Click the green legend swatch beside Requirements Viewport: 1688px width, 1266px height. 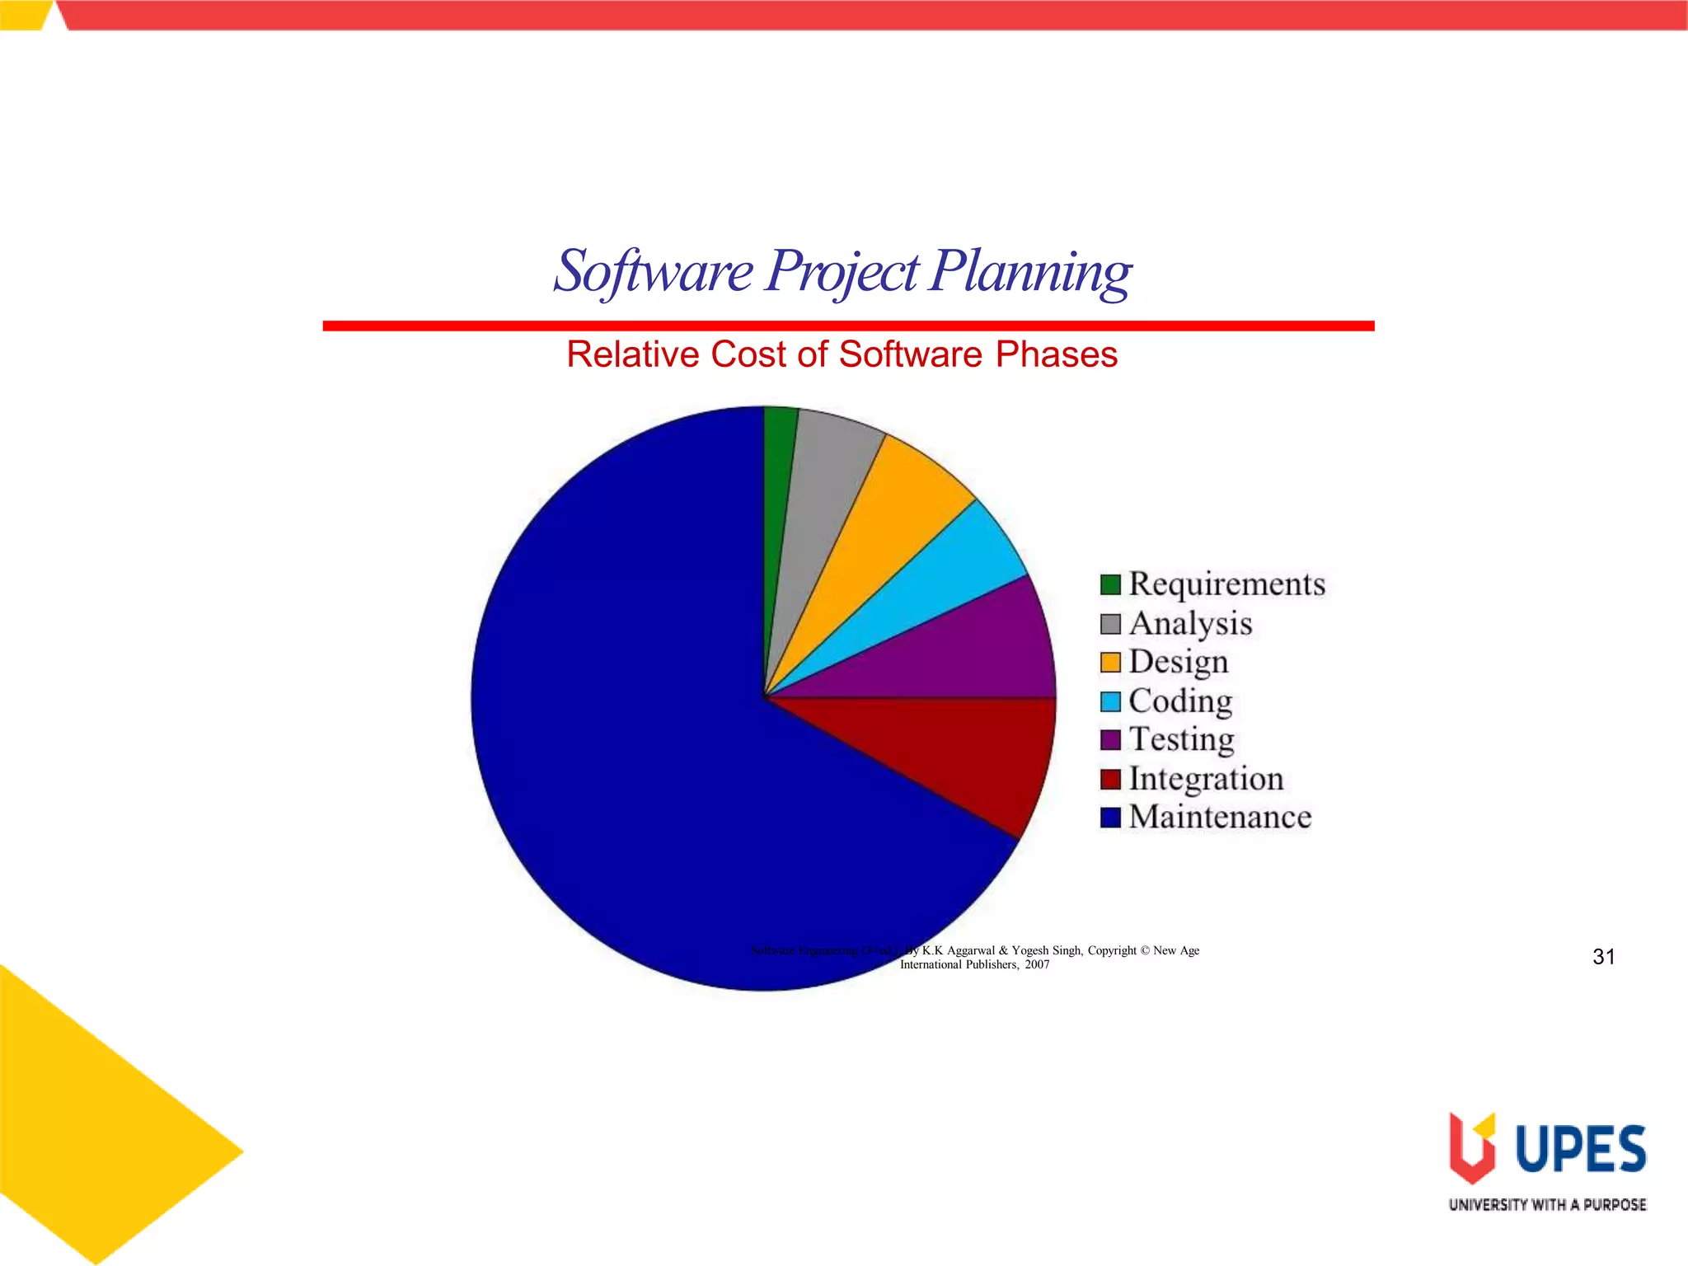pos(1110,584)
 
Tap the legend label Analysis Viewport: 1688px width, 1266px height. pos(1190,624)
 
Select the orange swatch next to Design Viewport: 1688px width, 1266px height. pos(1110,662)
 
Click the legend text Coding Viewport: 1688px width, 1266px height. pos(1180,701)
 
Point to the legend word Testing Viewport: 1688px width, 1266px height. pos(1181,739)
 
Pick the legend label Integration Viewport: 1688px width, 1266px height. pos(1206,779)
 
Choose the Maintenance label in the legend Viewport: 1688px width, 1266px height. pos(1220,818)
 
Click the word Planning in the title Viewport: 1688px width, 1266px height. pos(1030,272)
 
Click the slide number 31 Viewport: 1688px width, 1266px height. pos(1603,957)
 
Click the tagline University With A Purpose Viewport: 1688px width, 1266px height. pos(1547,1205)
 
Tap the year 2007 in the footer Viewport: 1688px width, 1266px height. pos(1037,965)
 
